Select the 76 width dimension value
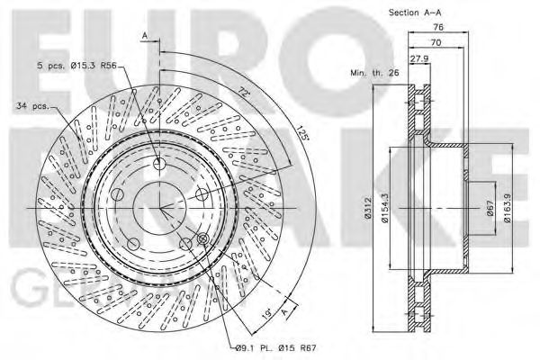click(440, 28)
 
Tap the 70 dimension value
click(436, 41)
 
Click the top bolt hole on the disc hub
click(160, 164)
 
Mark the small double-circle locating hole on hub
click(202, 238)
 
